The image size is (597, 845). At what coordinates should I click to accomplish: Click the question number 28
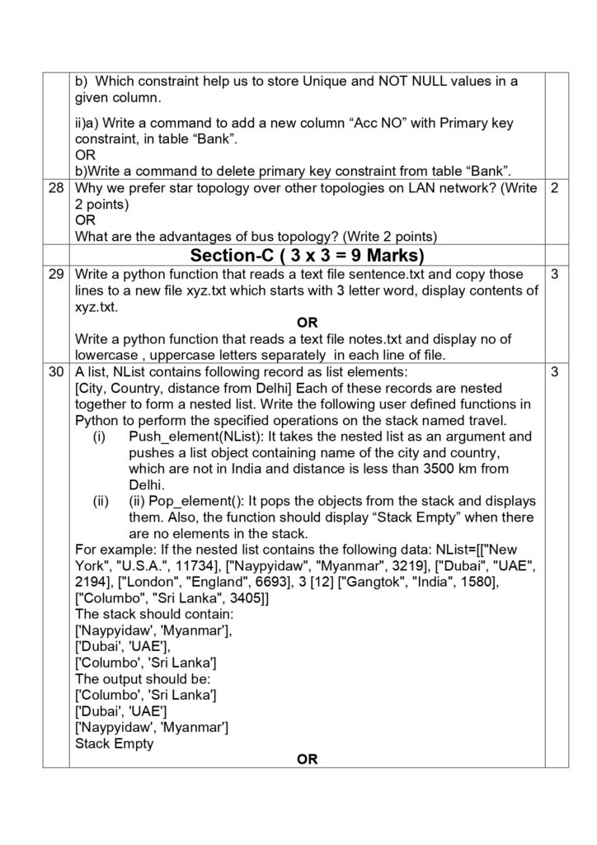click(x=56, y=188)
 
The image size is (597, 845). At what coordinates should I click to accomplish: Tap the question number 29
click(x=56, y=274)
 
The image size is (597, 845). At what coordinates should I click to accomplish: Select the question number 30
click(x=56, y=372)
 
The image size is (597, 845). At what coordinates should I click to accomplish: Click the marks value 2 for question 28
click(x=555, y=188)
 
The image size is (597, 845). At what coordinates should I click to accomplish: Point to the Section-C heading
click(x=307, y=254)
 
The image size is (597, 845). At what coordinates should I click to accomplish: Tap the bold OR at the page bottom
click(x=307, y=759)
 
